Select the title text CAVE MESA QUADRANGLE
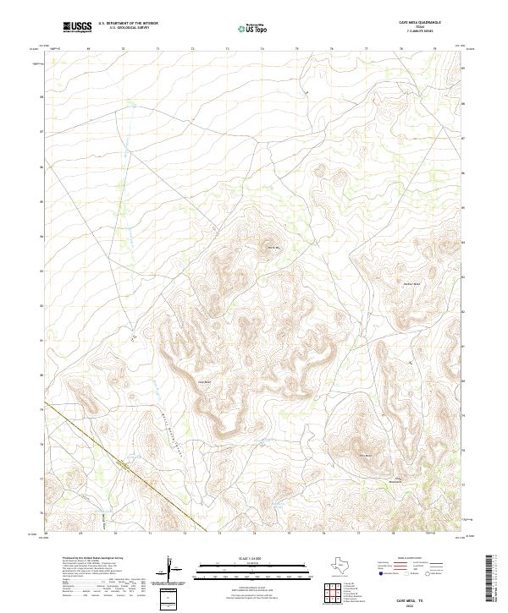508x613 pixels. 420,23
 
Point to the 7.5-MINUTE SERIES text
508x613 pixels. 420,33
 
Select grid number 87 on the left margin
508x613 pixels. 41,133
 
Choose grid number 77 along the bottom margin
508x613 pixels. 366,534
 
